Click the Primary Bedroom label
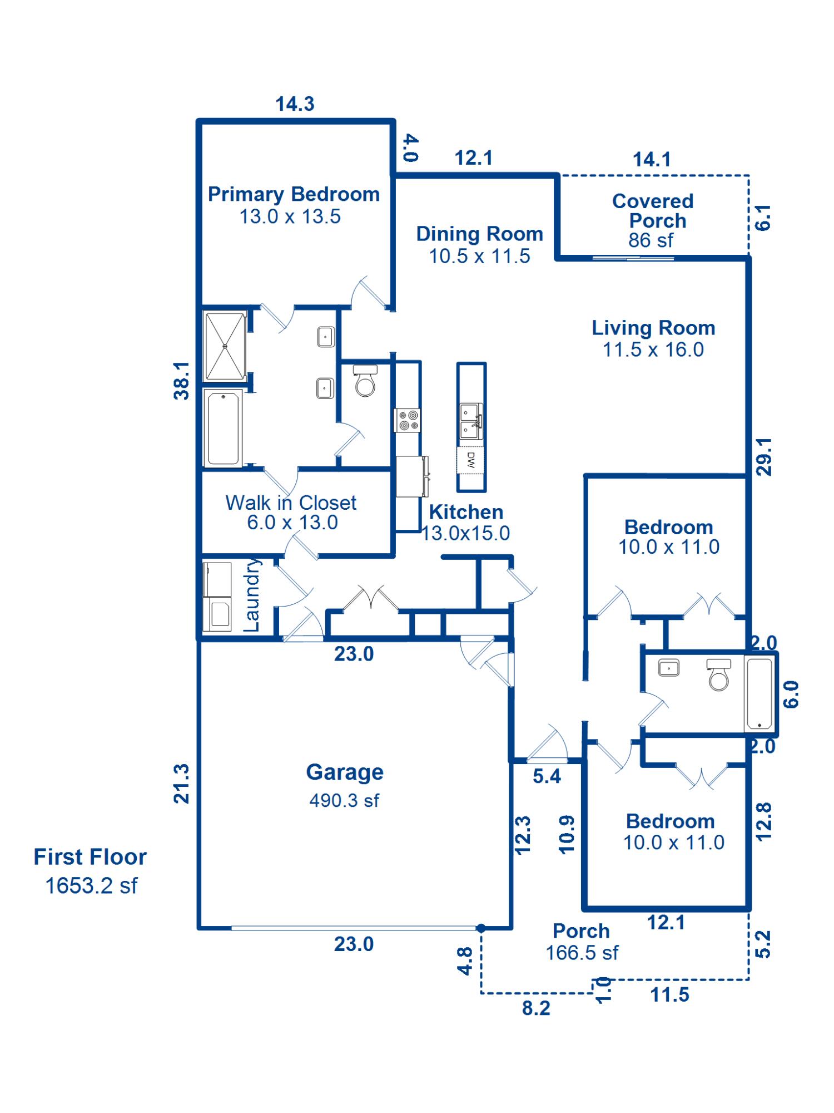tap(293, 205)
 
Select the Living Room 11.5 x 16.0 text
tap(653, 338)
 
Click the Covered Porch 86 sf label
tap(653, 220)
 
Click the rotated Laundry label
tap(252, 595)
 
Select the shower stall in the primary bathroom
tap(225, 346)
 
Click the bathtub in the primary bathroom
tap(224, 428)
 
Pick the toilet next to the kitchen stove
tap(365, 381)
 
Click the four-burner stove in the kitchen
tap(408, 420)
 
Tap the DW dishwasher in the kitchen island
tap(471, 460)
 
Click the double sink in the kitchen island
tap(471, 421)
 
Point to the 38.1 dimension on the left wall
tap(182, 381)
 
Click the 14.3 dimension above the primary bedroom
tap(295, 104)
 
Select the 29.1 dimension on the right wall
tap(765, 456)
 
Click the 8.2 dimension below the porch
tap(536, 1008)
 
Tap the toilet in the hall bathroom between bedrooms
tap(719, 674)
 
